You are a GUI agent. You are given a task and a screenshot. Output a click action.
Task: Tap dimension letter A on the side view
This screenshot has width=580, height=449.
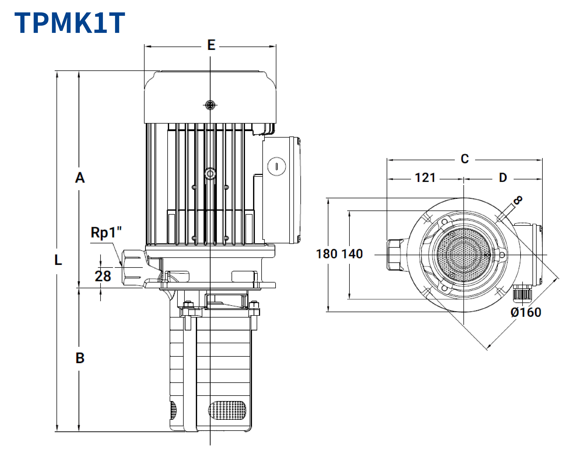click(x=80, y=178)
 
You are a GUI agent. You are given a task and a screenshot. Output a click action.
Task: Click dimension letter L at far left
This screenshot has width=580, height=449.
click(x=58, y=260)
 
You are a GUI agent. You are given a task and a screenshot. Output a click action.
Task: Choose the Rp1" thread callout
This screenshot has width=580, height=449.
click(x=106, y=232)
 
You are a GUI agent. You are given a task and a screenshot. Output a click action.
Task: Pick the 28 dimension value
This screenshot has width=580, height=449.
click(x=103, y=276)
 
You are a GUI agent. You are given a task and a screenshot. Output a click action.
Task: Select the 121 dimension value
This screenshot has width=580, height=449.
click(x=425, y=178)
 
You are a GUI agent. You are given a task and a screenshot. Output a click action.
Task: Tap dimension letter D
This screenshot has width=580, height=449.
click(x=503, y=178)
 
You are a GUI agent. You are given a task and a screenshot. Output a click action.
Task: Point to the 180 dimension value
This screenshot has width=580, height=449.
click(x=326, y=254)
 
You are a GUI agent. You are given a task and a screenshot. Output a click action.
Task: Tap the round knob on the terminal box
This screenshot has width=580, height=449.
click(x=276, y=166)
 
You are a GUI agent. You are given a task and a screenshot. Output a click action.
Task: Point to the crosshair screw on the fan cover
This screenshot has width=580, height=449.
click(x=210, y=105)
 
